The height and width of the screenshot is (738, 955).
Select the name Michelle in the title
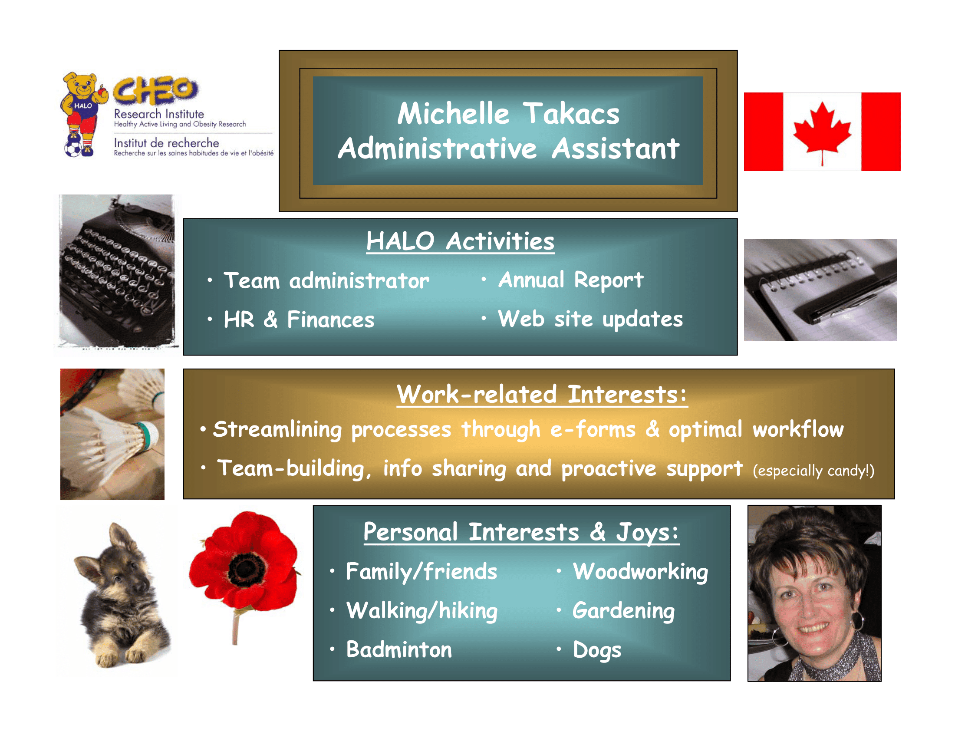click(x=453, y=113)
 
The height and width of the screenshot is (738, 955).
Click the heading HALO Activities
click(x=460, y=241)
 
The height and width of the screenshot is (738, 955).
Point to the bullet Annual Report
click(x=571, y=280)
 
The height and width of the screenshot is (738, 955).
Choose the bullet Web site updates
click(x=590, y=319)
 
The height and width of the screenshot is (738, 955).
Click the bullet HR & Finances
click(x=299, y=319)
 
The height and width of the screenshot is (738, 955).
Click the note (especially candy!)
click(x=813, y=471)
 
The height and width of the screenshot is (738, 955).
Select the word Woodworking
click(x=641, y=572)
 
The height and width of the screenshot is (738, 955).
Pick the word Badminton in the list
click(x=399, y=649)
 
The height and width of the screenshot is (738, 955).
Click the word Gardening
click(x=623, y=611)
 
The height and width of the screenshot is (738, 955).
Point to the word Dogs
click(x=597, y=650)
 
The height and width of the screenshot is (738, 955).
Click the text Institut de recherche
click(x=166, y=143)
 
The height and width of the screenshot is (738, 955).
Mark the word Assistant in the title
click(x=615, y=148)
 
